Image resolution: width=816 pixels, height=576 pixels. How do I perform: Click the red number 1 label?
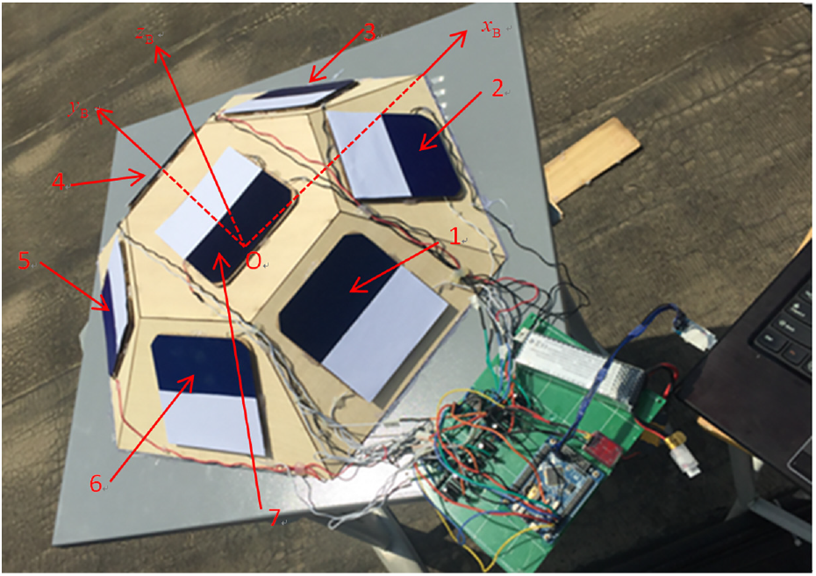[455, 237]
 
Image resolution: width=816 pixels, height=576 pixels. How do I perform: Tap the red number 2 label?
[497, 89]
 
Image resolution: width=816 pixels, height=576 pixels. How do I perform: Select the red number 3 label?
[369, 33]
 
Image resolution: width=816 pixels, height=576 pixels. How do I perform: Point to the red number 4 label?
[58, 182]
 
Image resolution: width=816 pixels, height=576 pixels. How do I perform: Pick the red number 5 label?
[24, 261]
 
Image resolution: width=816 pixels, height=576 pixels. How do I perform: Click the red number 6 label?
[96, 484]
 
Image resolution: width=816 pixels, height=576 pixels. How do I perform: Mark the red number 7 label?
[275, 517]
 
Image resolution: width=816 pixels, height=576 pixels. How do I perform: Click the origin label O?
[253, 261]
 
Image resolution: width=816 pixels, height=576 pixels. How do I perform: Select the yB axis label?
[79, 110]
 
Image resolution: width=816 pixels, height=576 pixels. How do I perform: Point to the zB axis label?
[145, 35]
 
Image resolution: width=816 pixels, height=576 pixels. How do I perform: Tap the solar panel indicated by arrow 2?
[393, 155]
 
